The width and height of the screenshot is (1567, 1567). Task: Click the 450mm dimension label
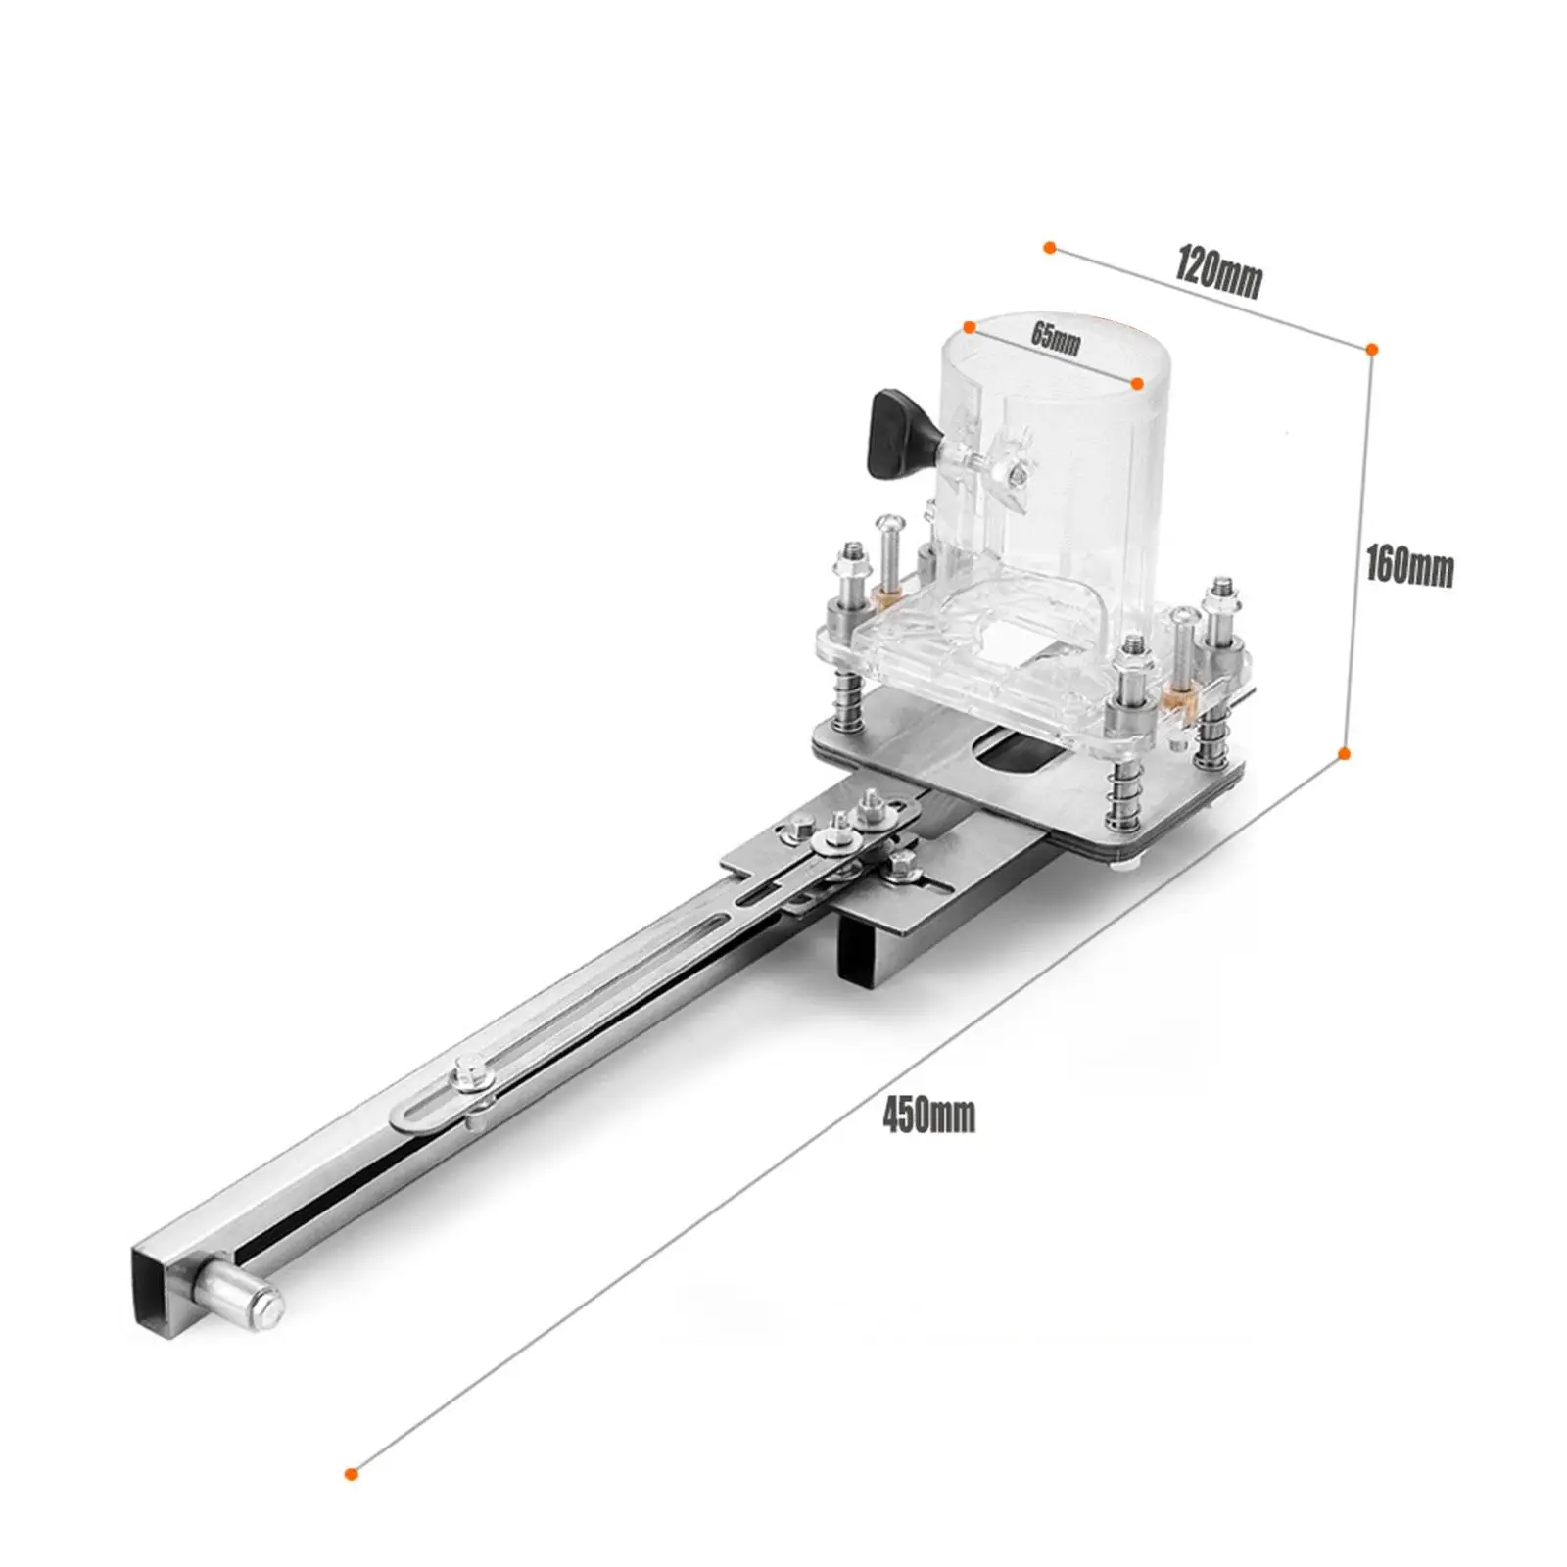click(x=928, y=1116)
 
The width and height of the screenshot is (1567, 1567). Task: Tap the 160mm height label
click(x=1409, y=567)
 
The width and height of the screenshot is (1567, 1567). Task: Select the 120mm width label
click(x=1218, y=275)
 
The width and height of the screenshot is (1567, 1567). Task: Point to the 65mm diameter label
click(x=1056, y=338)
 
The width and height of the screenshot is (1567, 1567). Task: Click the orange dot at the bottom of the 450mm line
click(x=352, y=1500)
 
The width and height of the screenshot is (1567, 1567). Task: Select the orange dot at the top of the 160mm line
click(x=1372, y=349)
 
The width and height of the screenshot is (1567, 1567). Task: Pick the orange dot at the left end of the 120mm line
click(x=1049, y=248)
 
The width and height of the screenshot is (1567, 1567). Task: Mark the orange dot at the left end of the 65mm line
click(x=970, y=326)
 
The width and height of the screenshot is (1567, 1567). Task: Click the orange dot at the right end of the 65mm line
click(x=1137, y=384)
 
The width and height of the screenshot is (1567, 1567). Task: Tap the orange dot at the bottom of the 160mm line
click(x=1345, y=753)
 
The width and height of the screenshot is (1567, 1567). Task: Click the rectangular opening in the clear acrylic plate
click(x=1009, y=647)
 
